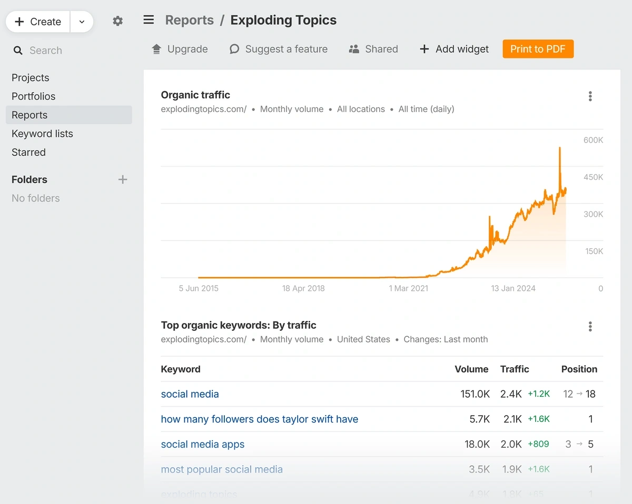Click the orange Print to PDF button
[x=538, y=49]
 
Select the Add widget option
[x=454, y=49]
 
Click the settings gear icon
[x=117, y=21]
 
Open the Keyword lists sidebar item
[x=42, y=134]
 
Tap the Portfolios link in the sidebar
[x=33, y=96]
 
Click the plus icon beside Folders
[x=123, y=179]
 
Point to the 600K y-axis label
[x=593, y=140]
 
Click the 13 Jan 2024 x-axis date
[x=513, y=288]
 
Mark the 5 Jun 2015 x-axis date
[x=199, y=288]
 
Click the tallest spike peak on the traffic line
[x=559, y=148]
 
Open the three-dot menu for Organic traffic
[x=590, y=96]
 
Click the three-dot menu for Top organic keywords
[x=590, y=327]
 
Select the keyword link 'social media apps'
[x=203, y=444]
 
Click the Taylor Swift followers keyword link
[x=259, y=419]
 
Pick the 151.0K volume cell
[x=475, y=394]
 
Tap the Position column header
[x=579, y=369]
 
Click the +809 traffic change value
[x=538, y=444]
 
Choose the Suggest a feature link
[x=279, y=49]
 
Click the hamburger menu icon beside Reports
[x=149, y=20]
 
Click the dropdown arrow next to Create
[x=82, y=22]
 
